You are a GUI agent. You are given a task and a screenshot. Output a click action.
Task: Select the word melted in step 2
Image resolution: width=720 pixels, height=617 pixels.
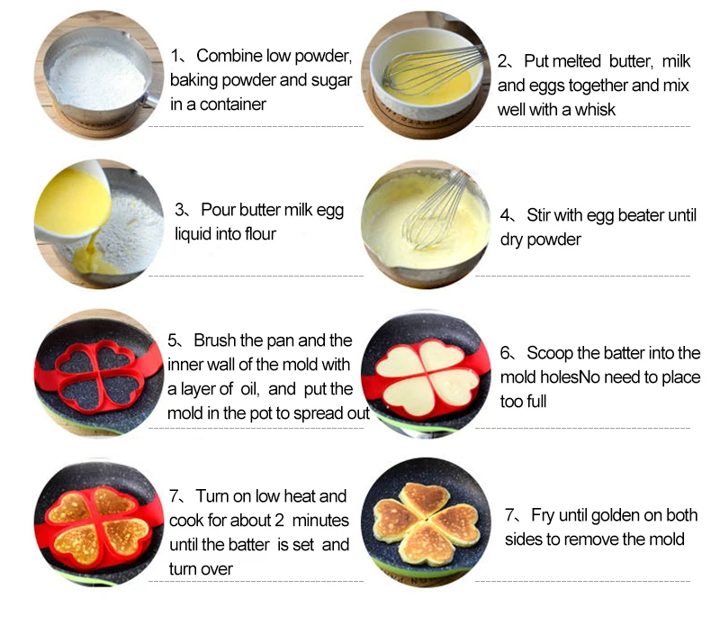click(x=581, y=61)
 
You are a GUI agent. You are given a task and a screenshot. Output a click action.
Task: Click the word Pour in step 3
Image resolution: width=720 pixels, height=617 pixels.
click(x=218, y=210)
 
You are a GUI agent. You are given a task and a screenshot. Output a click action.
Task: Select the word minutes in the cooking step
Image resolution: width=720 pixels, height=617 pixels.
click(x=318, y=522)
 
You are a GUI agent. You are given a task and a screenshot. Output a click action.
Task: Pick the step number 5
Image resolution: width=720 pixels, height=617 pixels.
click(x=174, y=341)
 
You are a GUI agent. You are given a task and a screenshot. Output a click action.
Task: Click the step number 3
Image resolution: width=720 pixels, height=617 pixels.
click(x=180, y=210)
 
